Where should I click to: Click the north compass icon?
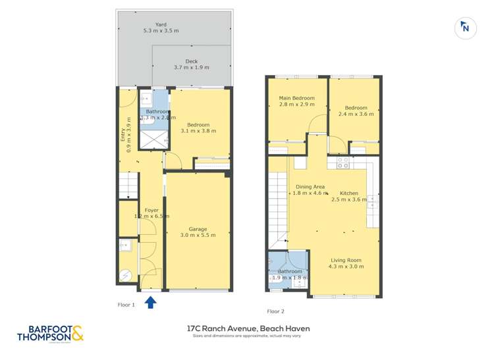(x=465, y=28)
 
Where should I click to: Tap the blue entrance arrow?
(x=150, y=302)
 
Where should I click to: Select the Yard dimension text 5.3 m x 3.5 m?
(x=162, y=31)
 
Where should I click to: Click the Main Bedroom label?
(x=296, y=98)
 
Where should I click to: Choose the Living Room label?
(x=346, y=259)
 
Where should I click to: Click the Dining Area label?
(x=310, y=186)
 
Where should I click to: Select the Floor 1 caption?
(x=126, y=305)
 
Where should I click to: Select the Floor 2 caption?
(x=276, y=311)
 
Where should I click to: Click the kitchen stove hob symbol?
(x=343, y=163)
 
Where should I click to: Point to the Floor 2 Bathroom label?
(x=289, y=271)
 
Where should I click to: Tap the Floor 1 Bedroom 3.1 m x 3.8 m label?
(x=198, y=128)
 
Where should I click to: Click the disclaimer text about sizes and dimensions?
(x=248, y=336)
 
